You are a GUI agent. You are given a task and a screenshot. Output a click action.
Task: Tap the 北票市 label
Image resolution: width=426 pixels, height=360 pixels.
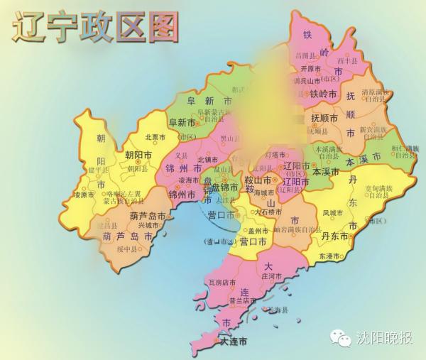click(x=155, y=136)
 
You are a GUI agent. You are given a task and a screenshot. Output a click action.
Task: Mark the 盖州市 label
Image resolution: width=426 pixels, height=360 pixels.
click(x=257, y=231)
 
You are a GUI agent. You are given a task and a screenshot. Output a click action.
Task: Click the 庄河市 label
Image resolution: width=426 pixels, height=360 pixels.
click(x=273, y=276)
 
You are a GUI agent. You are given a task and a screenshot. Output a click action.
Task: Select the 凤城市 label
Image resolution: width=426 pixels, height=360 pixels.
click(x=332, y=212)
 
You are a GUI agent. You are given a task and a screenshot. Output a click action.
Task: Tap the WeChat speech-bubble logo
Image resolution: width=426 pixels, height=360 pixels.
click(x=343, y=337)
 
